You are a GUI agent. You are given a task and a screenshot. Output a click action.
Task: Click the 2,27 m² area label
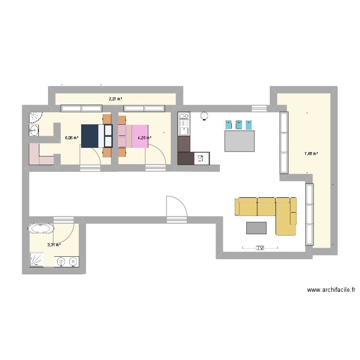pos(115,99)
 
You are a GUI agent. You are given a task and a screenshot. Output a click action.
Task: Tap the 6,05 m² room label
pos(72,138)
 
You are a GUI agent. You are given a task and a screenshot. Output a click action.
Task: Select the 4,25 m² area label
pos(144,138)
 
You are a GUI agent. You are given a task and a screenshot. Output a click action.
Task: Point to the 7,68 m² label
pos(311,154)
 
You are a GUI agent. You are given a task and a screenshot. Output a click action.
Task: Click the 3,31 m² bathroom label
pos(54,244)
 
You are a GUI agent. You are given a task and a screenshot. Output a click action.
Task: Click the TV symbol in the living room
pos(260,248)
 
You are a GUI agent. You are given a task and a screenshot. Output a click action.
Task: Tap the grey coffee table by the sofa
pos(256,228)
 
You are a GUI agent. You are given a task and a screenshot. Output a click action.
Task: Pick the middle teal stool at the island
pos(239,125)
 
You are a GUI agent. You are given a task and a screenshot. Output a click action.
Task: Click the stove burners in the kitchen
pos(184,116)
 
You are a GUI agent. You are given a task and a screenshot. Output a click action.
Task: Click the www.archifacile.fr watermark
pos(332,290)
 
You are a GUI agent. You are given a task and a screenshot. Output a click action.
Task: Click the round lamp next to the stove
pos(204,115)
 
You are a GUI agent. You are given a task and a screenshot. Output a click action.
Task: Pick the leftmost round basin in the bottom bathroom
pos(61,261)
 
